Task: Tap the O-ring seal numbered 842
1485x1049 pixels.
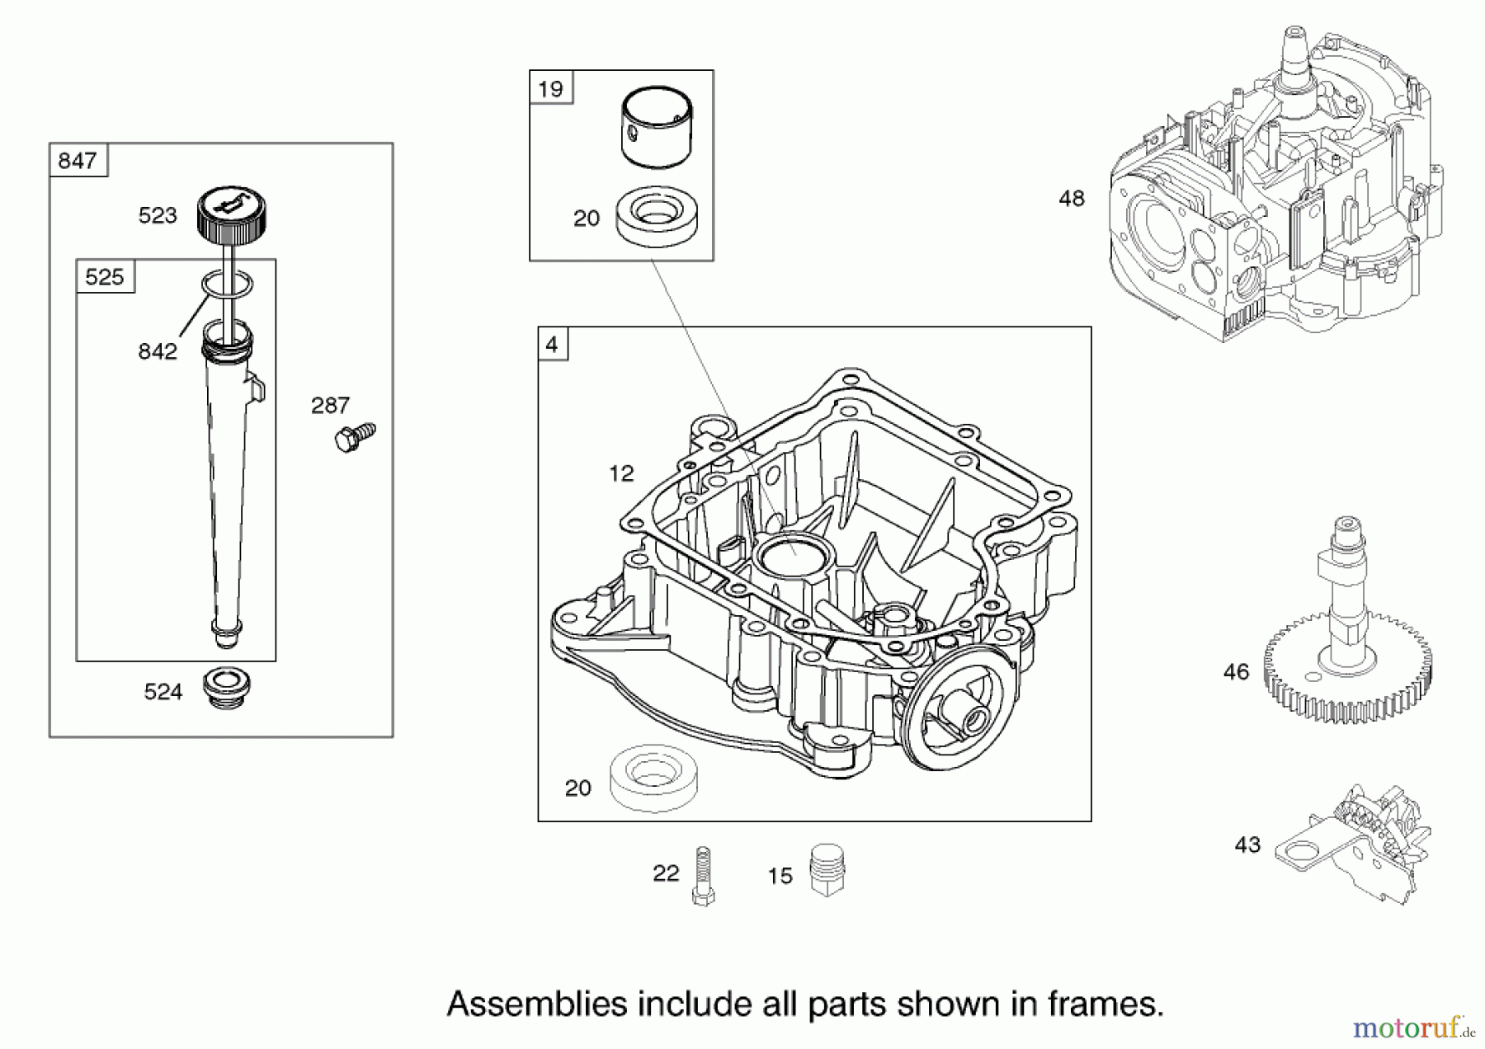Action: [x=226, y=285]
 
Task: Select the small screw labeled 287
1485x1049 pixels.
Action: [x=355, y=436]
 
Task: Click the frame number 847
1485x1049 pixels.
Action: [x=78, y=161]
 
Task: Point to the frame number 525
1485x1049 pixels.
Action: [x=104, y=277]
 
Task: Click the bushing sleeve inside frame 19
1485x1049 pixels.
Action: [x=656, y=128]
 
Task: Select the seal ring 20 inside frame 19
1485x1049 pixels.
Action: [x=657, y=216]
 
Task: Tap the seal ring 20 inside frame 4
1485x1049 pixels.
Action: [x=652, y=777]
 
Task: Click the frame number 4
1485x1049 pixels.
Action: [x=552, y=344]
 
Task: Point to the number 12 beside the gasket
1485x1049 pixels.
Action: [x=621, y=473]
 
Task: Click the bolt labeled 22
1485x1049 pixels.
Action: [x=703, y=877]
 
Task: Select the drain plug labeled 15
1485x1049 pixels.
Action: [x=827, y=869]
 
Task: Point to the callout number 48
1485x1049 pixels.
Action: [x=1072, y=199]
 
